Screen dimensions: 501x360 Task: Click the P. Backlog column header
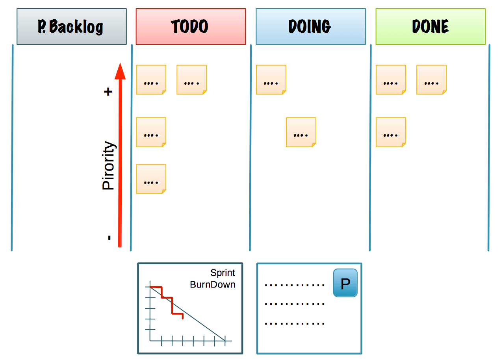[72, 27]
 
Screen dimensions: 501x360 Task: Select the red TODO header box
[191, 27]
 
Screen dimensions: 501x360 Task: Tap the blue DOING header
[311, 27]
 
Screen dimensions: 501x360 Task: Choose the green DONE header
[430, 27]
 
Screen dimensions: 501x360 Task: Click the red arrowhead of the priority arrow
[120, 72]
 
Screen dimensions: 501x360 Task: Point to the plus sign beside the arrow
[108, 92]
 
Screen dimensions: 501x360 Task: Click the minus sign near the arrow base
[109, 238]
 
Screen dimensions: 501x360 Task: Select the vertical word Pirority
[108, 166]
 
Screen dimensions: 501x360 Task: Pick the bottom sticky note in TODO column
[151, 179]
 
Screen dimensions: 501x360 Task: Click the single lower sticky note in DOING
[301, 132]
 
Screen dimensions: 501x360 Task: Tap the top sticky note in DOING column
[271, 80]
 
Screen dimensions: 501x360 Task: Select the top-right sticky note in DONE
[431, 80]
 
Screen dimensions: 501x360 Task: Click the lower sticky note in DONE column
[391, 132]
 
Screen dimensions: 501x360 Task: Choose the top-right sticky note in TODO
[192, 80]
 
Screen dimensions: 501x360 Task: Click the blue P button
[345, 283]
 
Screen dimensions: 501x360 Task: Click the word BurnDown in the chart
[212, 285]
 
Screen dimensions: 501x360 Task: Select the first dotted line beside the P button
[295, 285]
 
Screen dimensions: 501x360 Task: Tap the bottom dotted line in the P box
[295, 323]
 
